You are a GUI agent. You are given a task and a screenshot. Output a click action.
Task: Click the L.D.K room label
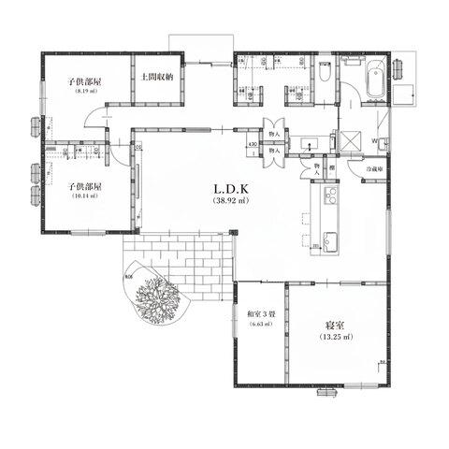pyautogui.click(x=229, y=189)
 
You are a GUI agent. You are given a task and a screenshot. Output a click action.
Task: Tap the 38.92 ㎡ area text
pyautogui.click(x=229, y=201)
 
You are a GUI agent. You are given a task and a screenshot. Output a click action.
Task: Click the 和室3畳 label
pyautogui.click(x=259, y=313)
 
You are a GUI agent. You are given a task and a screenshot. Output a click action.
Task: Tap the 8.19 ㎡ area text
pyautogui.click(x=84, y=93)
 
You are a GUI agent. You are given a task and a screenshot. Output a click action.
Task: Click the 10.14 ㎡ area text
pyautogui.click(x=84, y=197)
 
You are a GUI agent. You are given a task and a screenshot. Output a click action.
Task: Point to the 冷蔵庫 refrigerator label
pyautogui.click(x=365, y=169)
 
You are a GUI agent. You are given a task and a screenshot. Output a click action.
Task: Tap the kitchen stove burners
pyautogui.click(x=329, y=196)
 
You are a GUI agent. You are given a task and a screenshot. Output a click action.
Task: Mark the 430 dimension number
pyautogui.click(x=253, y=143)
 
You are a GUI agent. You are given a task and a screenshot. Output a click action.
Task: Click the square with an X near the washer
pyautogui.click(x=354, y=141)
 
